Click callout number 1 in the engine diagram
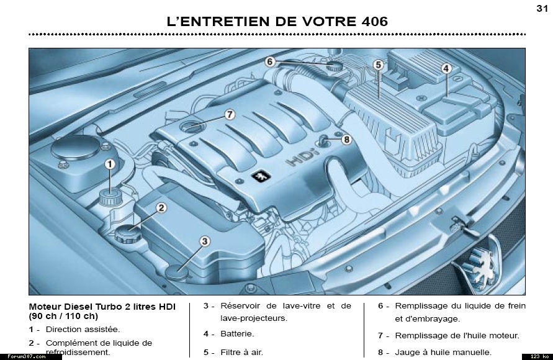pos(110,164)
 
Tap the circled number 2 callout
pos(161,208)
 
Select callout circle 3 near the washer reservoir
pos(205,241)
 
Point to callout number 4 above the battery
pos(446,68)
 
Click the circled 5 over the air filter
pos(379,65)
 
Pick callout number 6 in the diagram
pos(270,61)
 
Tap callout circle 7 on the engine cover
pos(230,115)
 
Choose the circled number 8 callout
pos(346,140)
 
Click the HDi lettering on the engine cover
pos(302,158)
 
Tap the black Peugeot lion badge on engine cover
pos(261,176)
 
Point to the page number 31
pos(542,8)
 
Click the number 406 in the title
pos(374,22)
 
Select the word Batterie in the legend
pos(237,333)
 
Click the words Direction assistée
pos(83,330)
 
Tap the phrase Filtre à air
pos(241,353)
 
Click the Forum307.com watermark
pos(27,356)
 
